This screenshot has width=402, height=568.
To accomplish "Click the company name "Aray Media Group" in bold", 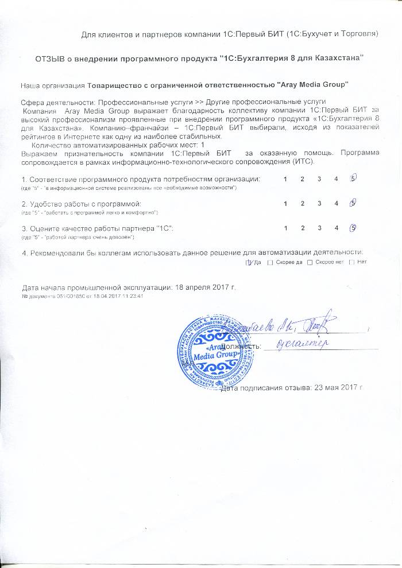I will [x=313, y=85].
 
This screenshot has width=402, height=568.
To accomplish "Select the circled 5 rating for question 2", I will [x=354, y=203].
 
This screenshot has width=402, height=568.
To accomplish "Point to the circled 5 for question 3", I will [x=354, y=228].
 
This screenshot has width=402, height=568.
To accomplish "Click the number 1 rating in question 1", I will [x=285, y=180].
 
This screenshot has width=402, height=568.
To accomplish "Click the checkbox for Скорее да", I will [x=270, y=263].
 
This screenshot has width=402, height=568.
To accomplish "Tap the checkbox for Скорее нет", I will [x=310, y=263].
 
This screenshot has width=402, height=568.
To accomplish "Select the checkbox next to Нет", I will [x=351, y=263].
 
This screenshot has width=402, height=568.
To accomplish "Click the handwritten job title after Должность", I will [x=301, y=344].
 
